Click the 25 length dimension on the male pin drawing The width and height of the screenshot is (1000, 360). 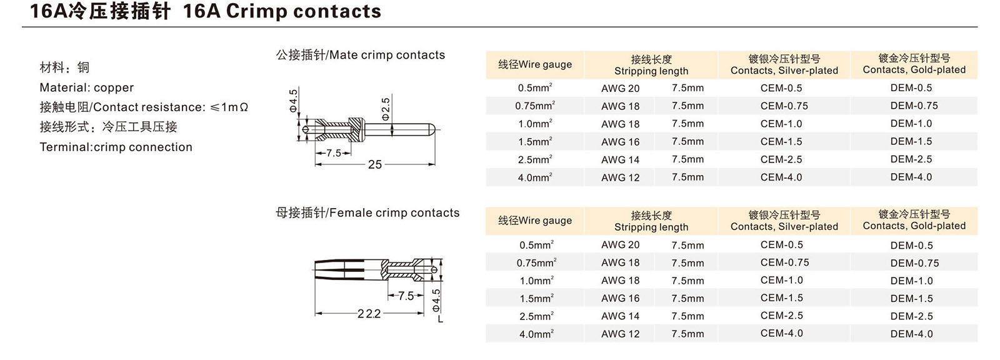tap(374, 164)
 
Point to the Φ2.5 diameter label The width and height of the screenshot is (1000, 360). tap(386, 108)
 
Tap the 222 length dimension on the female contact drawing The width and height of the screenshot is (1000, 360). tap(369, 314)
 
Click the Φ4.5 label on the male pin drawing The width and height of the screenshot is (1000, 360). tap(294, 101)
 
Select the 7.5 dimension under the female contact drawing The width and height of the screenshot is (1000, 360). tap(406, 296)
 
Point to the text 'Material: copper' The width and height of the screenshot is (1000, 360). tap(87, 87)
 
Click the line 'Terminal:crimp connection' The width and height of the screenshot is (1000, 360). tap(116, 147)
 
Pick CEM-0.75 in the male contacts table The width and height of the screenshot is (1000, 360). tap(784, 106)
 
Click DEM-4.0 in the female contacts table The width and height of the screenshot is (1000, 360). tap(911, 334)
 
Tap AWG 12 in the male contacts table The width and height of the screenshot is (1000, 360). tap(620, 177)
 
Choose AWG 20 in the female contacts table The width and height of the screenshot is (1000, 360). tap(620, 245)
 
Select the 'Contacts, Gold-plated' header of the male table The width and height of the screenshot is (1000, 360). tap(914, 70)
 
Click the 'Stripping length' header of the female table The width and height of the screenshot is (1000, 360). tap(651, 227)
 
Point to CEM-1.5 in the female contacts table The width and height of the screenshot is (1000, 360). tap(782, 298)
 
